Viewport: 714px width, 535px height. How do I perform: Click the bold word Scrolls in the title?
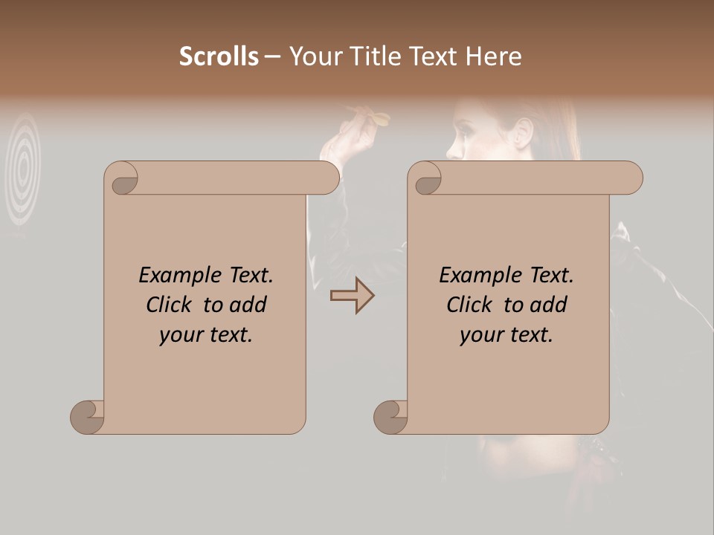(219, 56)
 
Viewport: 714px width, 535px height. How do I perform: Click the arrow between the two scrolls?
(352, 296)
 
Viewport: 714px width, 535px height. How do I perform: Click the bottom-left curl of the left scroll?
(88, 417)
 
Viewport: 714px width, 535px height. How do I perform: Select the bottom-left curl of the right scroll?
(391, 417)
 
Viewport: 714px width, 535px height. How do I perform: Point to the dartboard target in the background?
(24, 168)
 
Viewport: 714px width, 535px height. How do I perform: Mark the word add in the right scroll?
(548, 305)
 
